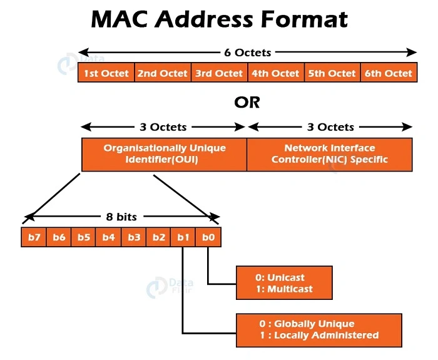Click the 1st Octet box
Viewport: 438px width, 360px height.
(x=106, y=73)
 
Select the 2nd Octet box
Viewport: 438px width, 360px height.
(x=163, y=73)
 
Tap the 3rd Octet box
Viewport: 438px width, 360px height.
(x=219, y=73)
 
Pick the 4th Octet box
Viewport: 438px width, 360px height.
(x=275, y=73)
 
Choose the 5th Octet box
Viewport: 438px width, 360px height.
(x=332, y=73)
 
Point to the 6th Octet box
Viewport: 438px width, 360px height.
(x=389, y=73)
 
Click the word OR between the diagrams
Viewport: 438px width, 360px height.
(x=247, y=102)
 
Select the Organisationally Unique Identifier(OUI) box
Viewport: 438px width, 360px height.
(x=164, y=154)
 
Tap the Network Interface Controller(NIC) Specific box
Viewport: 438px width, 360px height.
(x=330, y=154)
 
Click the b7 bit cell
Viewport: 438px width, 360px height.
(x=34, y=237)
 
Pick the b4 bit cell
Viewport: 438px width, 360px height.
(x=108, y=237)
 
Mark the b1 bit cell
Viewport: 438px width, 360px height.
(x=183, y=237)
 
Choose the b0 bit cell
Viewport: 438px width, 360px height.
(x=208, y=237)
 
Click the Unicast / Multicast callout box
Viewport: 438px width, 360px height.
(x=284, y=283)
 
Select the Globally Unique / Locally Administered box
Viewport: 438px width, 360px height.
(x=318, y=329)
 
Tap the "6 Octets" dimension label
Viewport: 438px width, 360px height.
(x=247, y=52)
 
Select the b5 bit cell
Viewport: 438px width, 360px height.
(x=83, y=237)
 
